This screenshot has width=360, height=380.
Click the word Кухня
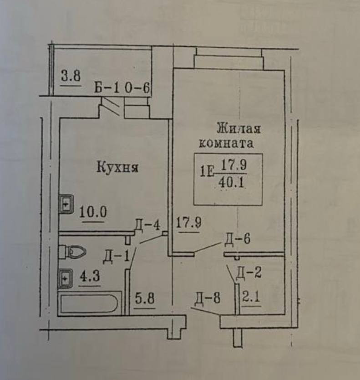[117, 168]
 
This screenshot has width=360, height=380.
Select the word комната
[225, 144]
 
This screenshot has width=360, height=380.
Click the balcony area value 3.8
[71, 76]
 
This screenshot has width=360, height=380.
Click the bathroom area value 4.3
[89, 277]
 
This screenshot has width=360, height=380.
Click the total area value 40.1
[232, 182]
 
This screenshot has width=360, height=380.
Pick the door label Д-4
[147, 225]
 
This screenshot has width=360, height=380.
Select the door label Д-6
[238, 239]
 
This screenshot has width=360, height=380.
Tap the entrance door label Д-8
[208, 299]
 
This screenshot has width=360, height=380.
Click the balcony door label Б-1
[107, 88]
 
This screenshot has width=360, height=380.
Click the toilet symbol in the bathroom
[74, 251]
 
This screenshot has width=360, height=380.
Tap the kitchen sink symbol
[66, 204]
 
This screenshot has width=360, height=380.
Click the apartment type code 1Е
[207, 172]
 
